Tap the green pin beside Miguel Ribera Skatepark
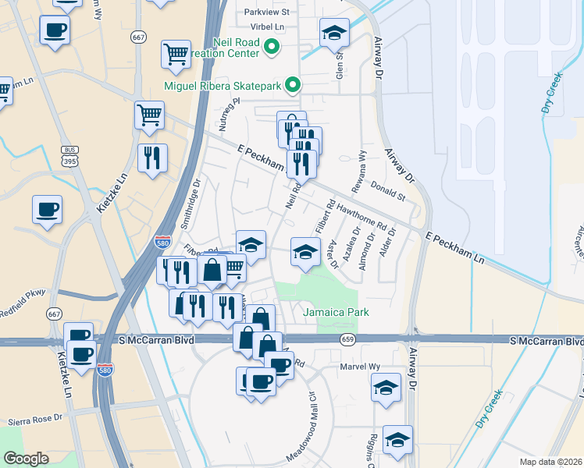(293, 85)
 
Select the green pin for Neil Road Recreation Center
(272, 48)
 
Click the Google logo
(27, 458)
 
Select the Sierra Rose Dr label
(34, 420)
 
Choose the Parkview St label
(266, 12)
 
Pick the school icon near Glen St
(334, 34)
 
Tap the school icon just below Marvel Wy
(386, 388)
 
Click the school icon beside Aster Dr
(305, 252)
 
